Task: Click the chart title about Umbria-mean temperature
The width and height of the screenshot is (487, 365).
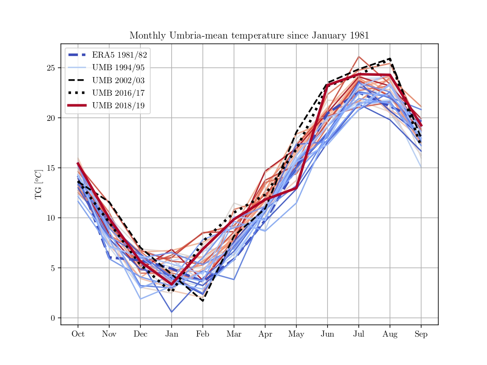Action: pyautogui.click(x=249, y=36)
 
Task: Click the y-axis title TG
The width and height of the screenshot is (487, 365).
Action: pyautogui.click(x=39, y=185)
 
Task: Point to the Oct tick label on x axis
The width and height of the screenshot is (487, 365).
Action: pyautogui.click(x=78, y=334)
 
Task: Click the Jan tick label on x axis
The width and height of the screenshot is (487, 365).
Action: pyautogui.click(x=171, y=334)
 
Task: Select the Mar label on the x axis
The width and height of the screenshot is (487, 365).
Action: pyautogui.click(x=234, y=334)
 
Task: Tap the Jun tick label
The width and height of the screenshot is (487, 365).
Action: pyautogui.click(x=327, y=334)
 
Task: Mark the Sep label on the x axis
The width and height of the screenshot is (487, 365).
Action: pyautogui.click(x=421, y=334)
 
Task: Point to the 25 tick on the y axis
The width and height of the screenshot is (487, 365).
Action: pyautogui.click(x=51, y=68)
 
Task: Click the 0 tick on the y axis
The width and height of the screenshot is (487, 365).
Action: pyautogui.click(x=53, y=318)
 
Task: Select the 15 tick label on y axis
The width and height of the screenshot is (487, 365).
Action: pyautogui.click(x=51, y=168)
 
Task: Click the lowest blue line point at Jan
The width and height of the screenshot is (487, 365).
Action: pyautogui.click(x=171, y=312)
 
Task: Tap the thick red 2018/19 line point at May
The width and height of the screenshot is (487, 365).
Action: pyautogui.click(x=296, y=188)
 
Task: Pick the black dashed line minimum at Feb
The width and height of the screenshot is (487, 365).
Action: pyautogui.click(x=203, y=301)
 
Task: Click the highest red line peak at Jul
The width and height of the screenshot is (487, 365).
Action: pyautogui.click(x=359, y=56)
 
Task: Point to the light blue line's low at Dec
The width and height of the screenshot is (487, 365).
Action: pyautogui.click(x=140, y=299)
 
